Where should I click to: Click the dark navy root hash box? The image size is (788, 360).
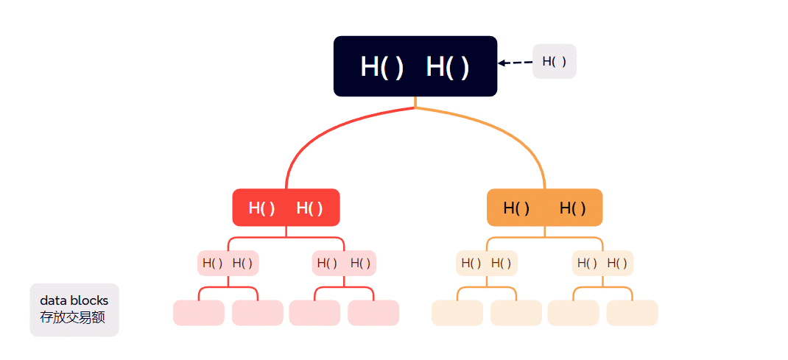[415, 66]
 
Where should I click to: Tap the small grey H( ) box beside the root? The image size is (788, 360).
[554, 61]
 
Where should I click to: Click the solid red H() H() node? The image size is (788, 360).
[286, 208]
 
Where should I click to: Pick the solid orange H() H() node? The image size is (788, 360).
[544, 208]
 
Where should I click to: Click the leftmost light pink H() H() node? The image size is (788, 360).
[229, 263]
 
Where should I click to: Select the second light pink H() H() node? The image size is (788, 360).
[344, 263]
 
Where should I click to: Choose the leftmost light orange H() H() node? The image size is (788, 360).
[486, 263]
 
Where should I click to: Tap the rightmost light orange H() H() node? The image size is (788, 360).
[602, 263]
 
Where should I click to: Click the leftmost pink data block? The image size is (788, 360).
[199, 313]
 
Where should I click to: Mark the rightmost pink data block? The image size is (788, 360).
[373, 313]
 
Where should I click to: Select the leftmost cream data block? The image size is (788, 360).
[457, 313]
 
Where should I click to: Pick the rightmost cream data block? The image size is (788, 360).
[632, 313]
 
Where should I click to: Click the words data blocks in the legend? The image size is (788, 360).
[74, 300]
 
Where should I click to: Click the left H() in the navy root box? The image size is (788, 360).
[382, 67]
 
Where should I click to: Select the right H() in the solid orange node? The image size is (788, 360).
[573, 208]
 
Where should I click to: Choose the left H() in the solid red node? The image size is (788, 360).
[262, 208]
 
